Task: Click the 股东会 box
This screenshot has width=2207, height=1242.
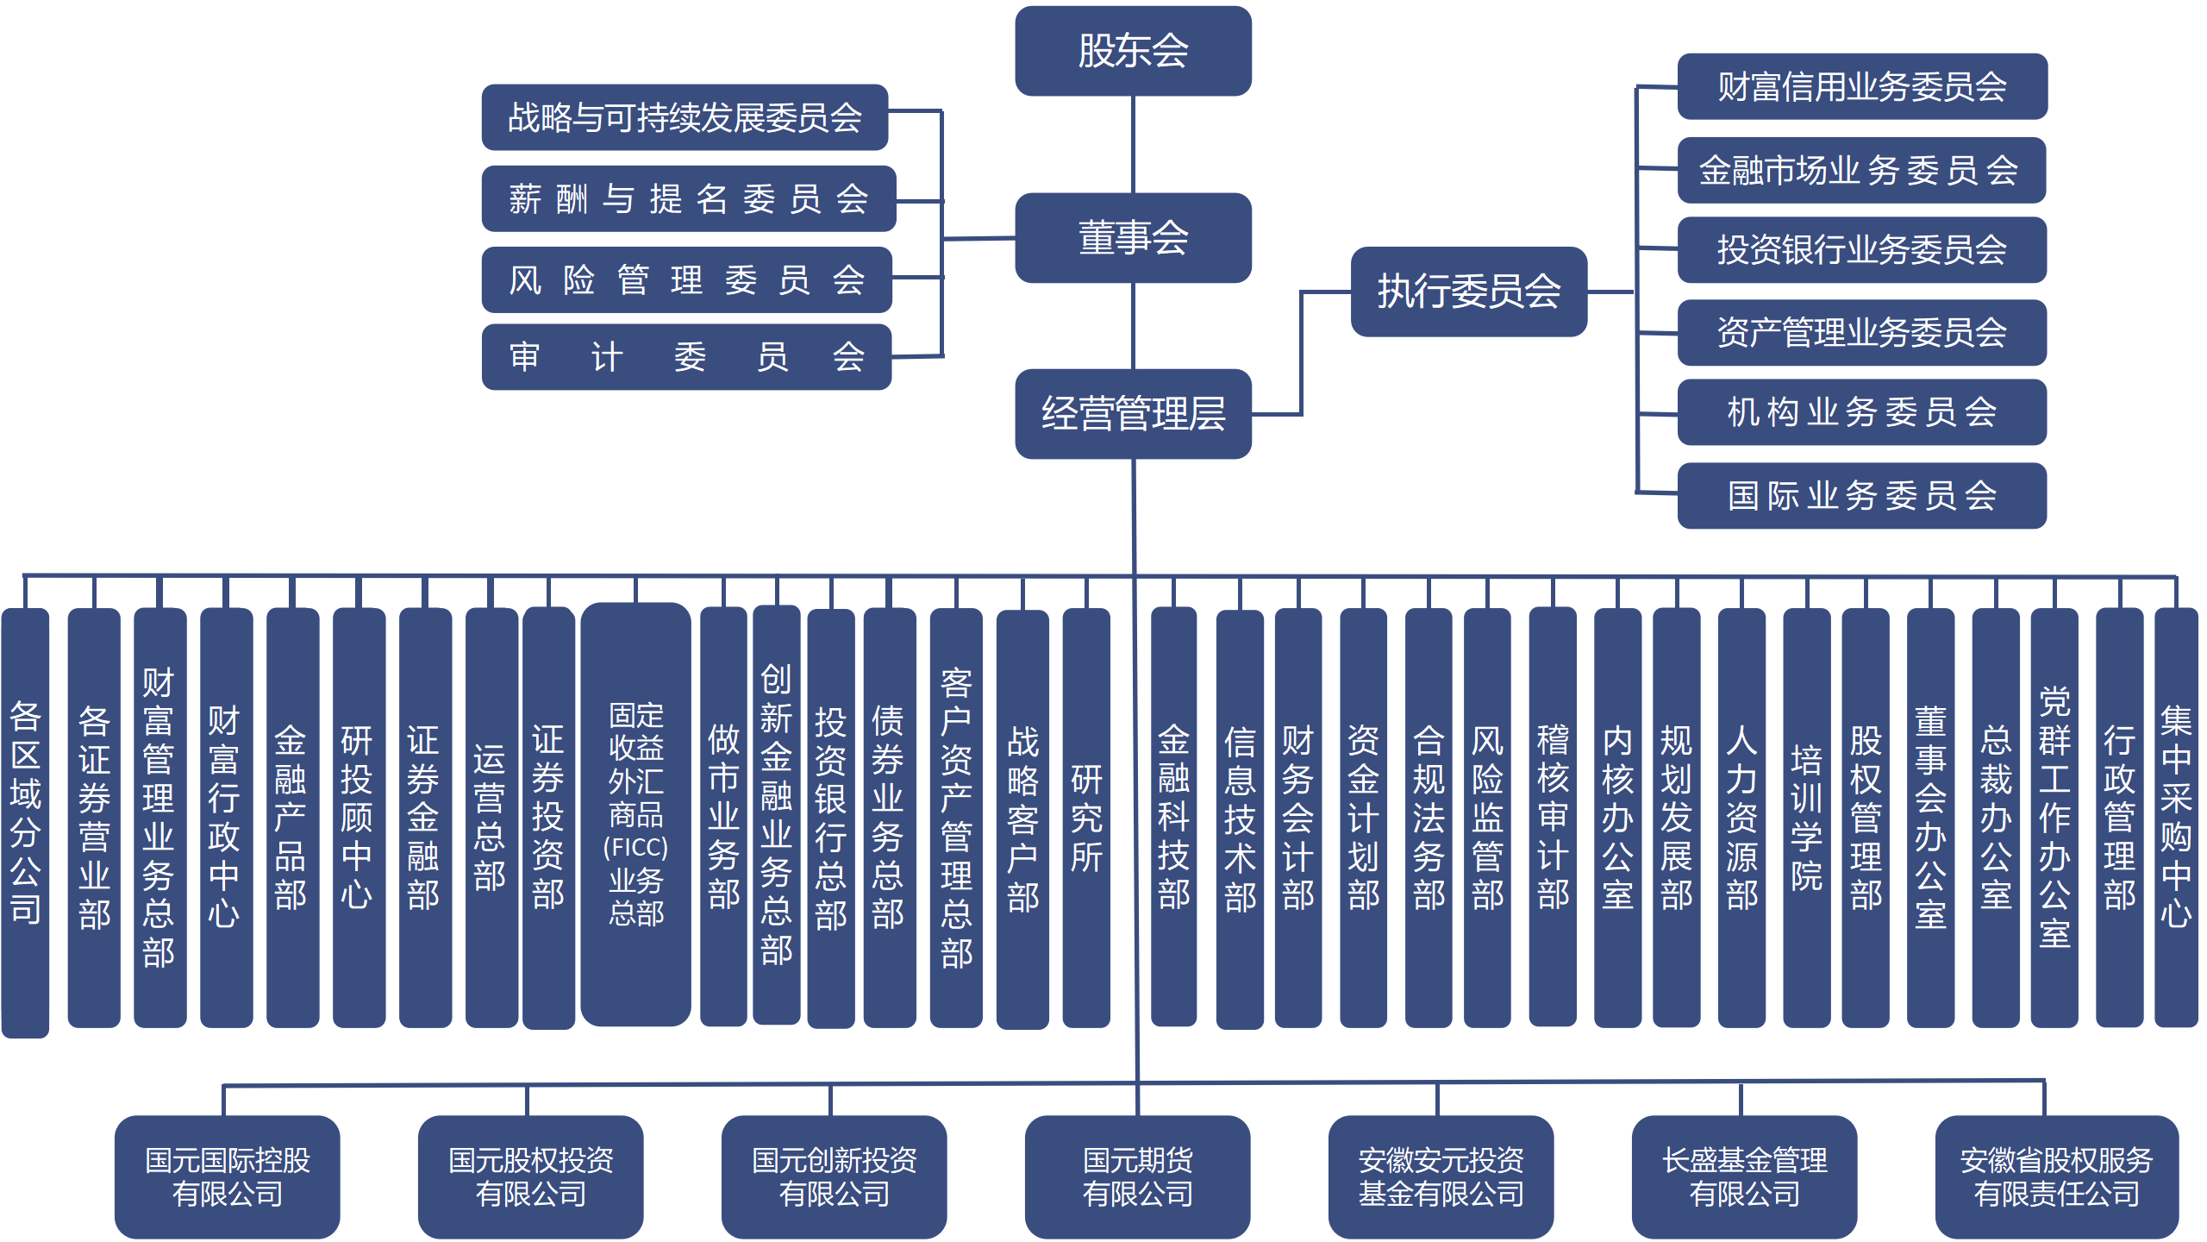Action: (1133, 51)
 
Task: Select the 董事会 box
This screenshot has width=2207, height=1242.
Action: (1133, 238)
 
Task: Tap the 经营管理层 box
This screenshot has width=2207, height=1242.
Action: (1133, 414)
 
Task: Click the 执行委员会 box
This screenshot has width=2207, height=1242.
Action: (1468, 292)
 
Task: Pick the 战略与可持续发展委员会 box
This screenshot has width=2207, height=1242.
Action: (685, 117)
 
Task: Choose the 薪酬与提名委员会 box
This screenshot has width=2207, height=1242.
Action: (688, 199)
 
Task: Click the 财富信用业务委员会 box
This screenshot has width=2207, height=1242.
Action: (1861, 86)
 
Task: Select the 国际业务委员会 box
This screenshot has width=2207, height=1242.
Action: (1861, 496)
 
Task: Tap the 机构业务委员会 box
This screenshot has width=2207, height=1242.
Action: (1861, 412)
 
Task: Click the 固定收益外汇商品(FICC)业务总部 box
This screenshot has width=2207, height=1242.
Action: (636, 814)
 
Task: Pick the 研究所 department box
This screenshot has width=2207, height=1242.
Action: (1086, 818)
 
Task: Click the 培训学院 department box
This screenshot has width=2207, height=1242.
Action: (1806, 818)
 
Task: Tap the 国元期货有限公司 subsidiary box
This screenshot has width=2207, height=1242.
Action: (1137, 1176)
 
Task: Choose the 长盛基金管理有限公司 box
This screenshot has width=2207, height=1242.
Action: (1744, 1176)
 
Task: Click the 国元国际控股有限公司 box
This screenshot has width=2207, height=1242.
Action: (227, 1176)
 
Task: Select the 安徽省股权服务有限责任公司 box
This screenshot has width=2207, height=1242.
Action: (2056, 1176)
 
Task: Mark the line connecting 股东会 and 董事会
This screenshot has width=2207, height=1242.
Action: (1133, 144)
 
